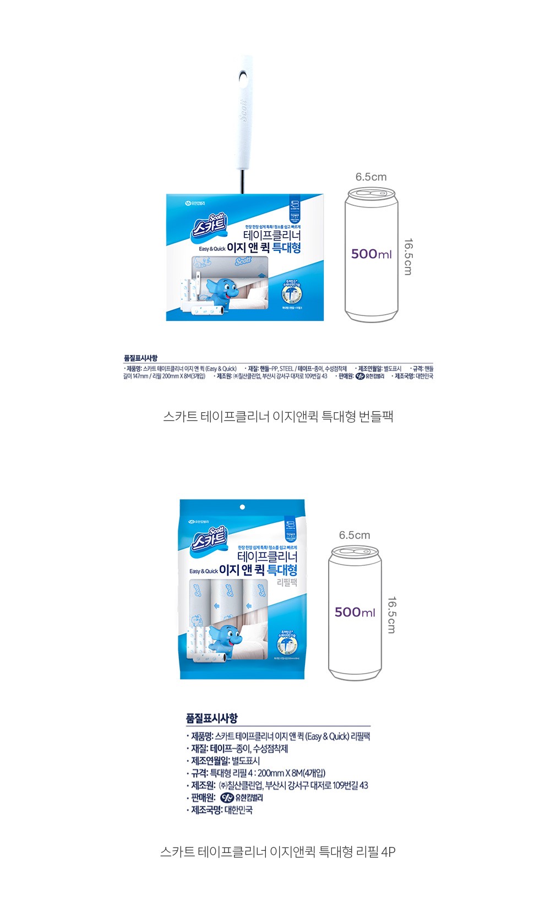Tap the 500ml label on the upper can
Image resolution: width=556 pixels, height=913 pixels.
(x=372, y=254)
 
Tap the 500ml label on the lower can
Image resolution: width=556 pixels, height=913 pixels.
(x=355, y=612)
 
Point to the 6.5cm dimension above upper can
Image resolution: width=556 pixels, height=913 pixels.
(x=370, y=177)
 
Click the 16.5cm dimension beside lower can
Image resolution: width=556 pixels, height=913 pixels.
(x=391, y=615)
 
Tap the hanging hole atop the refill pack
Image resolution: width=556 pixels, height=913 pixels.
(x=242, y=506)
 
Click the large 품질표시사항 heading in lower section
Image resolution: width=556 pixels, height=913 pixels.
(x=212, y=718)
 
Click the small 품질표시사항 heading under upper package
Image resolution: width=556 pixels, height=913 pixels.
(x=140, y=358)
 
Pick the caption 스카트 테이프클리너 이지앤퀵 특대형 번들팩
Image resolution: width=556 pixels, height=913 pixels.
(x=278, y=416)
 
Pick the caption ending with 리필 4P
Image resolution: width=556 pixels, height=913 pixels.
(x=278, y=851)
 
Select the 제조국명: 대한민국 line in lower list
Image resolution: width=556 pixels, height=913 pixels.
(x=221, y=810)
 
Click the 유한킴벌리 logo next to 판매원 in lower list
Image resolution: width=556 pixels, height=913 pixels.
(x=242, y=797)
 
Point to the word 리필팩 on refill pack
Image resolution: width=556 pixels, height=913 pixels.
(x=286, y=582)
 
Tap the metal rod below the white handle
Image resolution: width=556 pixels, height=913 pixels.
(x=242, y=182)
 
